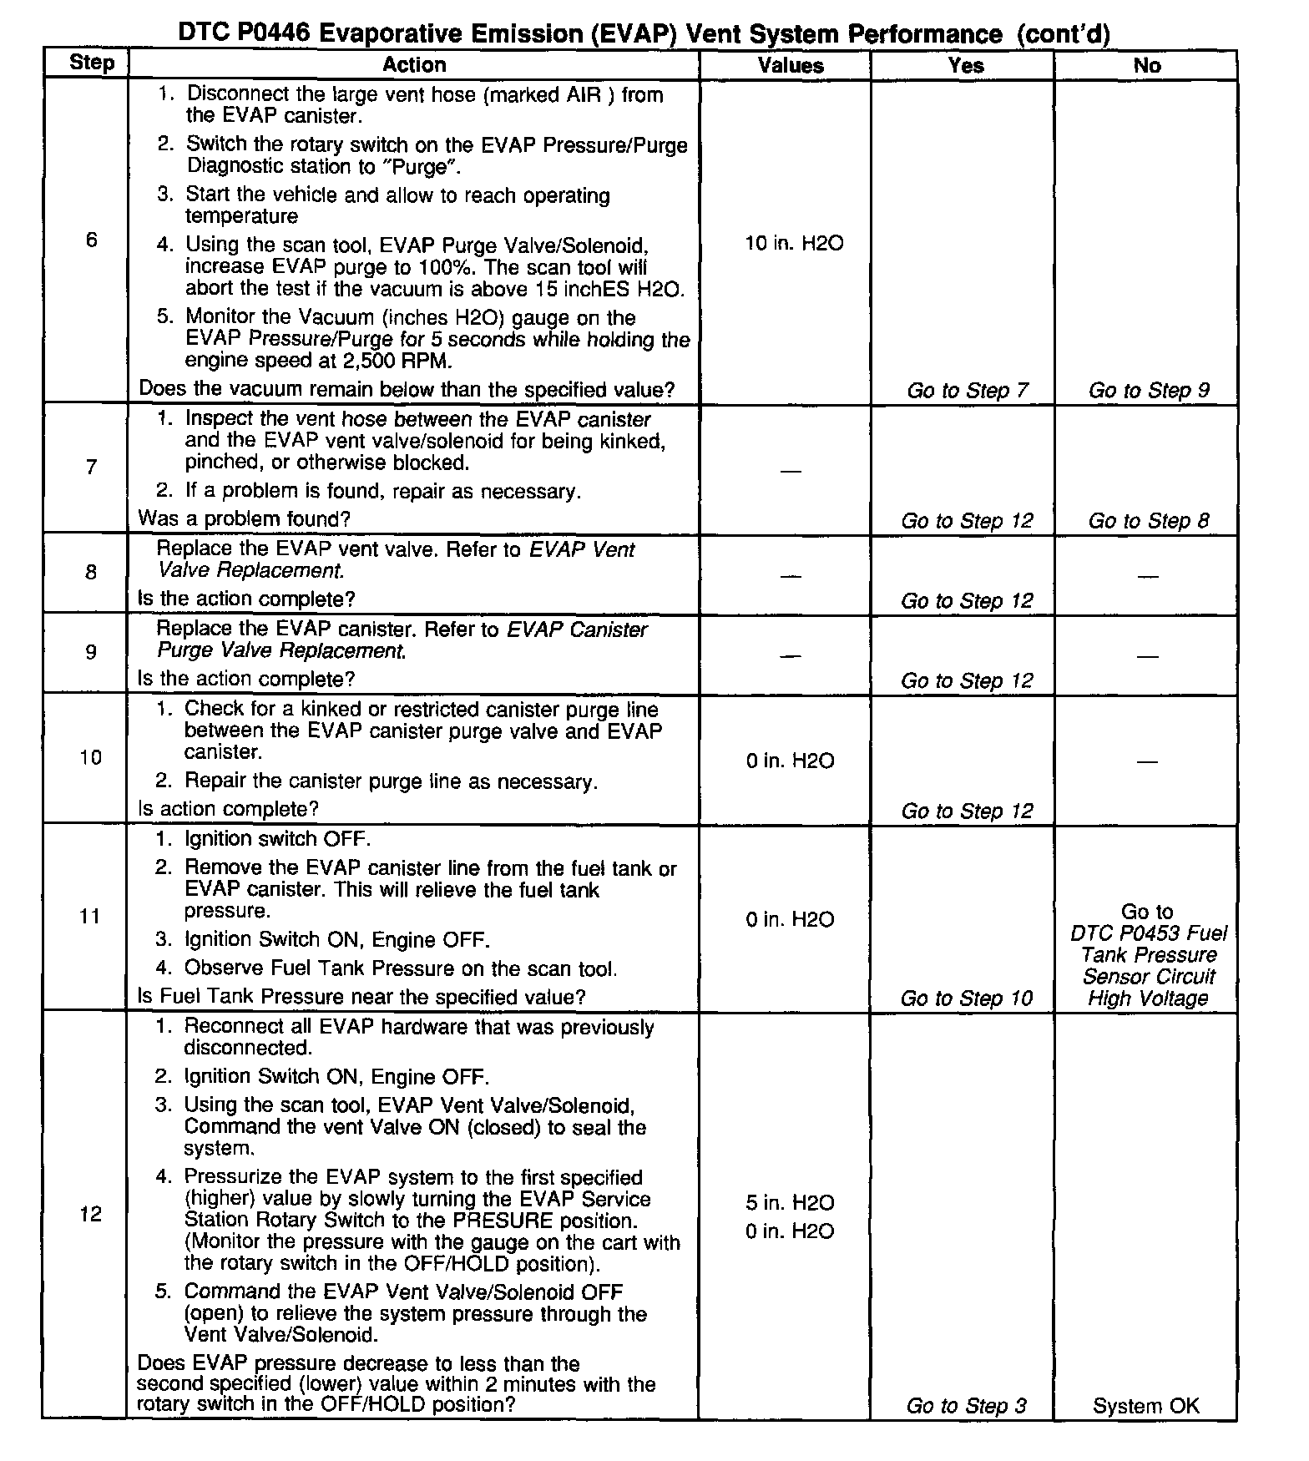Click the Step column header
[x=91, y=63]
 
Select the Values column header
[x=790, y=65]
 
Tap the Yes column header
[x=966, y=65]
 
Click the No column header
[x=1146, y=65]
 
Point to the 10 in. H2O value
[x=794, y=243]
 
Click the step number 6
[x=91, y=240]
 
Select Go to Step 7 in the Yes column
[x=967, y=390]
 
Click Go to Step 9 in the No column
[x=1148, y=390]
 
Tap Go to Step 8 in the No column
[x=1148, y=520]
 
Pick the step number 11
[x=90, y=917]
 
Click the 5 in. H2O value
[x=790, y=1202]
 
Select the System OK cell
[x=1145, y=1406]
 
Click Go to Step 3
[x=967, y=1406]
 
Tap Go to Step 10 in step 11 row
[x=967, y=998]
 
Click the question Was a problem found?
[x=244, y=518]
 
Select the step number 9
[x=91, y=651]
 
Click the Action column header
[x=414, y=64]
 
